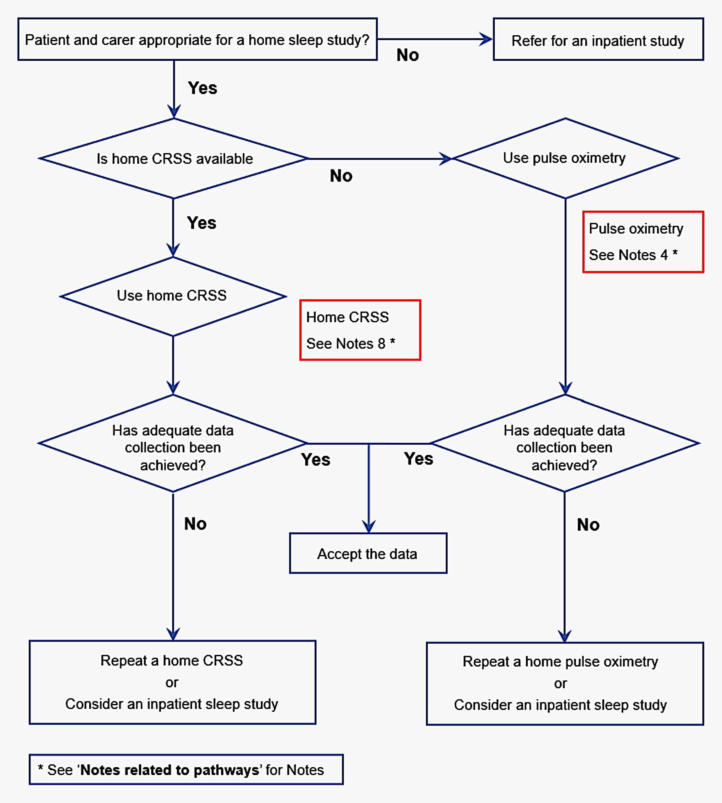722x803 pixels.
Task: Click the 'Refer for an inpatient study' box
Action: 598,40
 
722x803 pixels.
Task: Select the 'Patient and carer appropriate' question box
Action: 197,40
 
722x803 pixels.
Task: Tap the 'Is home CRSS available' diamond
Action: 174,158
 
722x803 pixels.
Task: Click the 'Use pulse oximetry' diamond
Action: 564,158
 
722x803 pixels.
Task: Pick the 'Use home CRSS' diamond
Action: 173,296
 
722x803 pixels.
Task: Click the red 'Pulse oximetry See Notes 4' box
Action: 643,242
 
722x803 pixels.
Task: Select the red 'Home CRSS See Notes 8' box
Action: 360,330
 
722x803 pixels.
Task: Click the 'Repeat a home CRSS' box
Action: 172,682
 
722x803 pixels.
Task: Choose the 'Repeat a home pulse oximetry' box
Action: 564,683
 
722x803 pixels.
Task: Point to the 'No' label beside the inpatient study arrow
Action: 408,55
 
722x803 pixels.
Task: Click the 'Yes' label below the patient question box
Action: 202,88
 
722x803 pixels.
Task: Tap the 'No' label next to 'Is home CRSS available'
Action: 341,176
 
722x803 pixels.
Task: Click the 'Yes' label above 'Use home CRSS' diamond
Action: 202,223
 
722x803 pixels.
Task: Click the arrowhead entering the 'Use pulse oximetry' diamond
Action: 446,158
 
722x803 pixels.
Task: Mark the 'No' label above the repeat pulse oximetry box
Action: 588,525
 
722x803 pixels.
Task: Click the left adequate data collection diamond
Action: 173,443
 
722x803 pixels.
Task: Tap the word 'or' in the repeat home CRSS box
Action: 172,683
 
